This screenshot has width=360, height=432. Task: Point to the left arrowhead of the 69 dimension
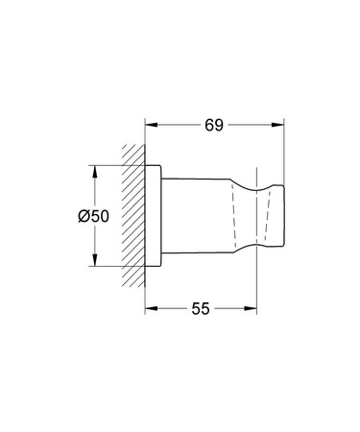(x=151, y=124)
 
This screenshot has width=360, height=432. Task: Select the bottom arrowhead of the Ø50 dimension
(x=94, y=263)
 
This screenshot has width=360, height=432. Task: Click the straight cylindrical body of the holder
(x=197, y=217)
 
